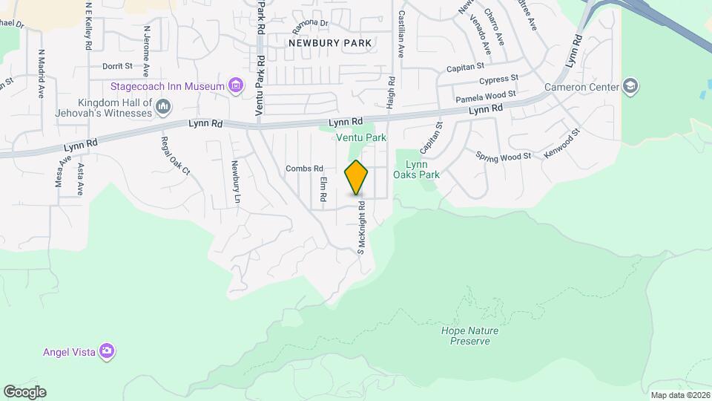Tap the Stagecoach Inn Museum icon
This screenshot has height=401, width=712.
[x=236, y=86]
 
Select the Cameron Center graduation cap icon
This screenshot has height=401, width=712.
[x=630, y=87]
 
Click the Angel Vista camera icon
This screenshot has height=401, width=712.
[x=108, y=351]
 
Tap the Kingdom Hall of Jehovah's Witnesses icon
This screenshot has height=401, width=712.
[x=163, y=109]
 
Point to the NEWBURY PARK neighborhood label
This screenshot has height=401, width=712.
[x=330, y=43]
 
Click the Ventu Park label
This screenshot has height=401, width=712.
[x=361, y=137]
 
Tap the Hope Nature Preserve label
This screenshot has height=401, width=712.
[x=469, y=336]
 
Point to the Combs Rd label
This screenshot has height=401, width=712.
[x=305, y=169]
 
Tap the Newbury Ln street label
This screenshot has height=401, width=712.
[x=236, y=183]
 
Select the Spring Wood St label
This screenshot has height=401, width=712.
[x=504, y=156]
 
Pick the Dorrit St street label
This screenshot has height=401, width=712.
[x=117, y=66]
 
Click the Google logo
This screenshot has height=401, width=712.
[x=24, y=392]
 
